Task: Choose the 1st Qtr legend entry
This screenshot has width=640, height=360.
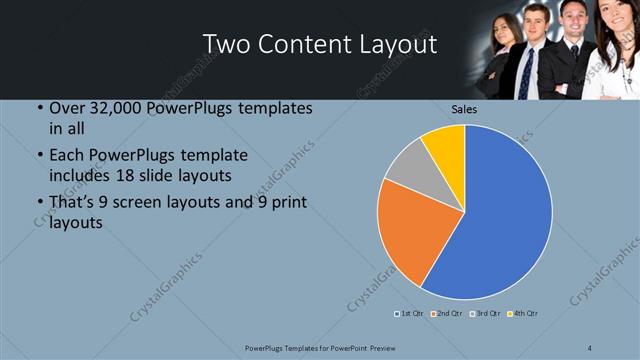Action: (x=410, y=314)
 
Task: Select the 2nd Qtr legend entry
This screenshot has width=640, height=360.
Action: (x=446, y=314)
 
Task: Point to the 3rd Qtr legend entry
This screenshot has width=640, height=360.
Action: (x=484, y=314)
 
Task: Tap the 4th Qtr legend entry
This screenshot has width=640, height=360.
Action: (x=522, y=314)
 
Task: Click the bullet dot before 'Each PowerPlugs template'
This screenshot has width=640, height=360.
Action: (x=38, y=156)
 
